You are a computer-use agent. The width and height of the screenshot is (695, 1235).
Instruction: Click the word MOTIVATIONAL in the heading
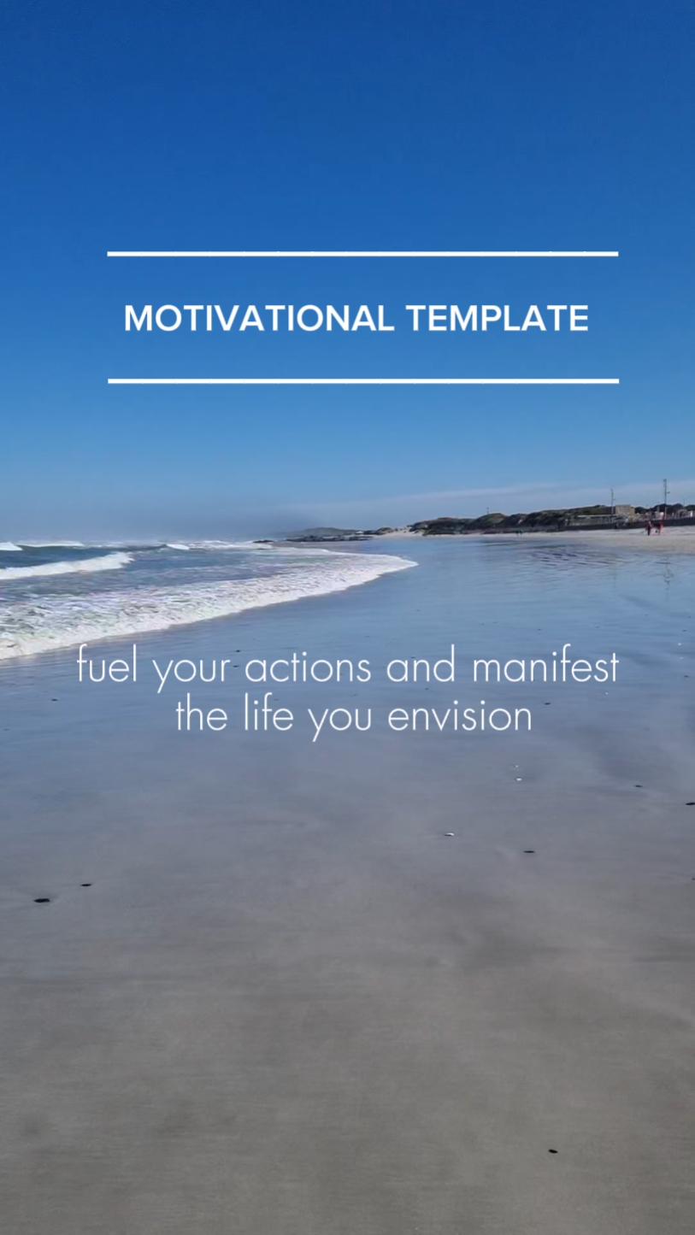[259, 318]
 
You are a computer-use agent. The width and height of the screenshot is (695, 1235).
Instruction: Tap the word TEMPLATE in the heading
[498, 318]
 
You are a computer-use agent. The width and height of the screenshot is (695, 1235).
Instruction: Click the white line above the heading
[362, 254]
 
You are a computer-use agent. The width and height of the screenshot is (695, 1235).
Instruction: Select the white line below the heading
[363, 381]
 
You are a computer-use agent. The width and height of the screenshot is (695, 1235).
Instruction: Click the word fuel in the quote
[107, 664]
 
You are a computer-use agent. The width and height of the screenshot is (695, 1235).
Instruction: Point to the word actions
[308, 666]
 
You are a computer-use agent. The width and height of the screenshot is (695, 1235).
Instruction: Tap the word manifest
[545, 665]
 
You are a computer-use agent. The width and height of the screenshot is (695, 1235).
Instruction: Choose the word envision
[459, 715]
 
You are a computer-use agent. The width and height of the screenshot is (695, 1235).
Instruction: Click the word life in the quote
[268, 714]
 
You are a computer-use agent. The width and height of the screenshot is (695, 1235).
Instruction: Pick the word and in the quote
[421, 665]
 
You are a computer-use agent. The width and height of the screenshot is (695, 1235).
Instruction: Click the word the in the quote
[202, 715]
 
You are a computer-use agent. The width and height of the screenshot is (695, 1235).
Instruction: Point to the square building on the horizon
[624, 510]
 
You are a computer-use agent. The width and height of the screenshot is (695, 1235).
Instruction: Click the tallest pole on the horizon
[665, 498]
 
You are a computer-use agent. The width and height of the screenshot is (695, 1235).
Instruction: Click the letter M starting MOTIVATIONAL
[137, 318]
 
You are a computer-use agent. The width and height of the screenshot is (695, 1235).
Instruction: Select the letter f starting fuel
[81, 664]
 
